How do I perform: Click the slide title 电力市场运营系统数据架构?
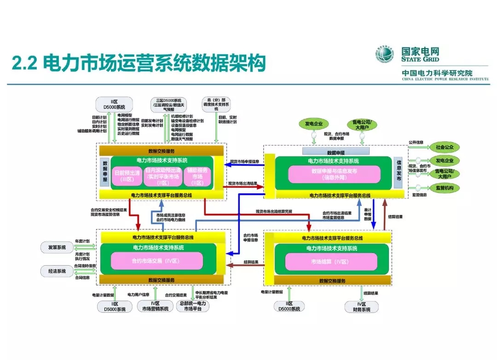tap(138, 63)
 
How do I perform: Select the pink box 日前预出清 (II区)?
tap(126, 176)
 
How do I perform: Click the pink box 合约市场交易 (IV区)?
tap(156, 261)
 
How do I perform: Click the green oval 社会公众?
tap(445, 147)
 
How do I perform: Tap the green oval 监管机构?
tap(445, 188)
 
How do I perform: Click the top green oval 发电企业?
tap(314, 124)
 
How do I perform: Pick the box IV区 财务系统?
tap(361, 307)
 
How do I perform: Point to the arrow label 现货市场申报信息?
tap(244, 162)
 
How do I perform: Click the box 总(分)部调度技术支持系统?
tap(216, 105)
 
